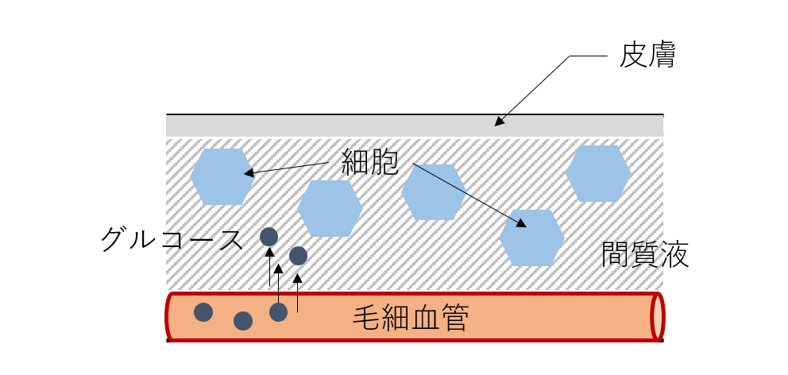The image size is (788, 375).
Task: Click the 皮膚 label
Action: pyautogui.click(x=647, y=57)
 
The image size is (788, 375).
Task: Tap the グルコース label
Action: pyautogui.click(x=172, y=238)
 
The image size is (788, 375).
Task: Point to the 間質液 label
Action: pyautogui.click(x=645, y=254)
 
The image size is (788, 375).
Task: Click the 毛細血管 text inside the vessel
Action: pyautogui.click(x=411, y=319)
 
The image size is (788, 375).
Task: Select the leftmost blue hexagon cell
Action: pyautogui.click(x=222, y=176)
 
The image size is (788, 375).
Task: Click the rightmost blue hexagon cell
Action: pyautogui.click(x=598, y=173)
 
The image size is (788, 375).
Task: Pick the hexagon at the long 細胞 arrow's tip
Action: pyautogui.click(x=532, y=238)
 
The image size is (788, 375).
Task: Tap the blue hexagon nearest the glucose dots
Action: pyautogui.click(x=330, y=208)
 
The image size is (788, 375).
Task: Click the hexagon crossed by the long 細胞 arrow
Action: pyautogui.click(x=433, y=192)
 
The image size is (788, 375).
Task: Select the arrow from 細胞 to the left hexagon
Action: pyautogui.click(x=286, y=168)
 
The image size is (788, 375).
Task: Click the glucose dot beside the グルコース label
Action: pyautogui.click(x=269, y=237)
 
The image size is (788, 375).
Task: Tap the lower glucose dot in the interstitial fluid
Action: pyautogui.click(x=298, y=256)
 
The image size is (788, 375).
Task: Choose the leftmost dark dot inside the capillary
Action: pyautogui.click(x=203, y=312)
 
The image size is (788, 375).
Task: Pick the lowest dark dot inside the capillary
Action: pyautogui.click(x=243, y=321)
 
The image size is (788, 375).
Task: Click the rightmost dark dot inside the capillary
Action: pyautogui.click(x=278, y=312)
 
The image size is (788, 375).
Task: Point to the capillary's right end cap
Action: pyautogui.click(x=658, y=317)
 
